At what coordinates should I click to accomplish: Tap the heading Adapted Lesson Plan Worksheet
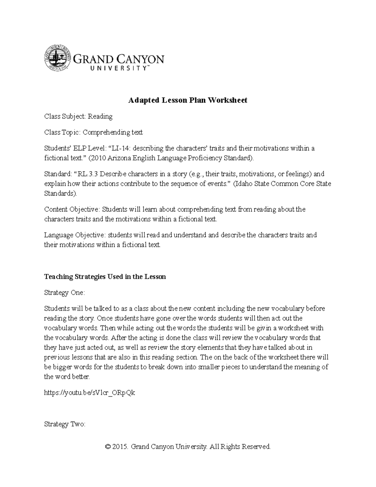[188, 100]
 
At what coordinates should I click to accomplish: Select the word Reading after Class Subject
[100, 116]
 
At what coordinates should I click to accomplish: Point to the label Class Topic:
[62, 132]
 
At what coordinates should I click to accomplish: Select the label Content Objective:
[71, 209]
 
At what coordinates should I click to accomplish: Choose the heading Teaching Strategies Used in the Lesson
[105, 277]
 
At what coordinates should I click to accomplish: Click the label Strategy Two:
[65, 424]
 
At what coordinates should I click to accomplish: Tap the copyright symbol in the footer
[108, 447]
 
